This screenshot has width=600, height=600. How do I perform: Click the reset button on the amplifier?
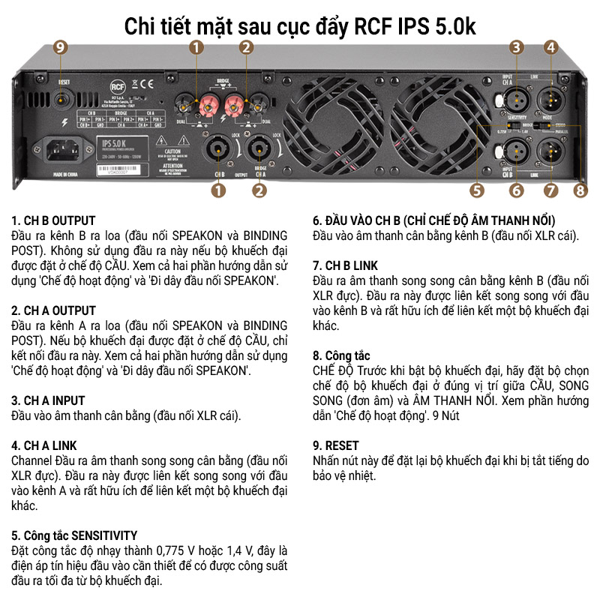pos(63,97)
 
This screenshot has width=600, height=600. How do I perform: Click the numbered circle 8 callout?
pos(580,190)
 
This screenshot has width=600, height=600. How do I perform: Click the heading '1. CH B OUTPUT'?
pos(54,220)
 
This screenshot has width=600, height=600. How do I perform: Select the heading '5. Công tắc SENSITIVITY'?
pos(74,535)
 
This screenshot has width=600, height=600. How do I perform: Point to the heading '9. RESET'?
pos(335,445)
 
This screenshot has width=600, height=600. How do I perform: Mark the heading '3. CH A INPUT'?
pos(49,400)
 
